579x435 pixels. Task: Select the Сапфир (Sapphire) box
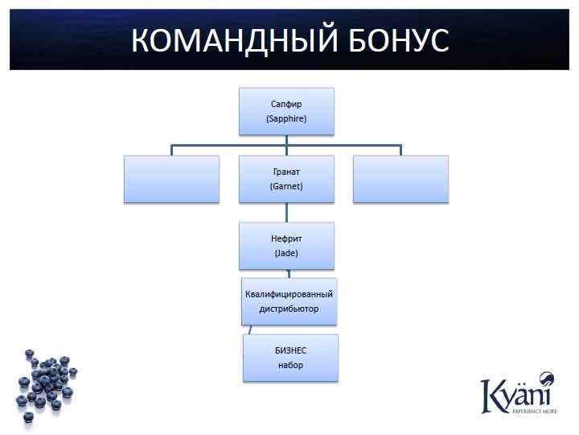[x=286, y=111]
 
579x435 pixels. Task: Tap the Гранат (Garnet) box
[x=286, y=178]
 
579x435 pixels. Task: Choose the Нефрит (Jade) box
[x=286, y=245]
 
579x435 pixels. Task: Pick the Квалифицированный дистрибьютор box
[x=289, y=301]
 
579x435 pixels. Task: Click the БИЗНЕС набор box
[x=290, y=358]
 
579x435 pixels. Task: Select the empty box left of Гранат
[x=171, y=178]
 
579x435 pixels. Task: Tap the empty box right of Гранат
[x=400, y=178]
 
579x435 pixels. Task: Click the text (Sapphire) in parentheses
[x=286, y=118]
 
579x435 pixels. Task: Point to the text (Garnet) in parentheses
[x=286, y=186]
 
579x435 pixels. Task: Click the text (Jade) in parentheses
[x=286, y=253]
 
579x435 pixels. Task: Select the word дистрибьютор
[x=289, y=309]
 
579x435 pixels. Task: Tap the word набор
[x=290, y=365]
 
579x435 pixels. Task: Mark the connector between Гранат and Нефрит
[x=286, y=212]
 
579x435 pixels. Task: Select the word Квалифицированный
[x=289, y=294]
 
